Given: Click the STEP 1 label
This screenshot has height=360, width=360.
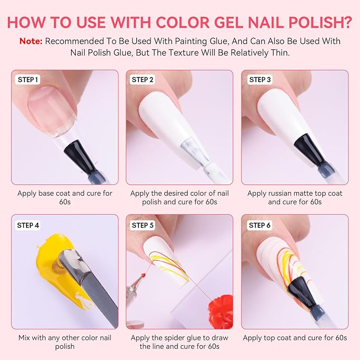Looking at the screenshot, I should [x=28, y=80].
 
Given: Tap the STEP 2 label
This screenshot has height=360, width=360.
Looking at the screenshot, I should [x=143, y=80].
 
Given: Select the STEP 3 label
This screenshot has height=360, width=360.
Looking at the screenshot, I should [x=260, y=80].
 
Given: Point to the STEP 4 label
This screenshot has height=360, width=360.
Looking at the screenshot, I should [x=28, y=225].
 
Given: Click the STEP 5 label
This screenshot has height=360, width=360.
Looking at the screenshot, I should [x=143, y=225].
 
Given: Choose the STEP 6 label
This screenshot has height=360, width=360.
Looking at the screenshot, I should [x=260, y=225].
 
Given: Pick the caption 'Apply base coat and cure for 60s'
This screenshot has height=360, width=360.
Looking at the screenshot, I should [x=65, y=198].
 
